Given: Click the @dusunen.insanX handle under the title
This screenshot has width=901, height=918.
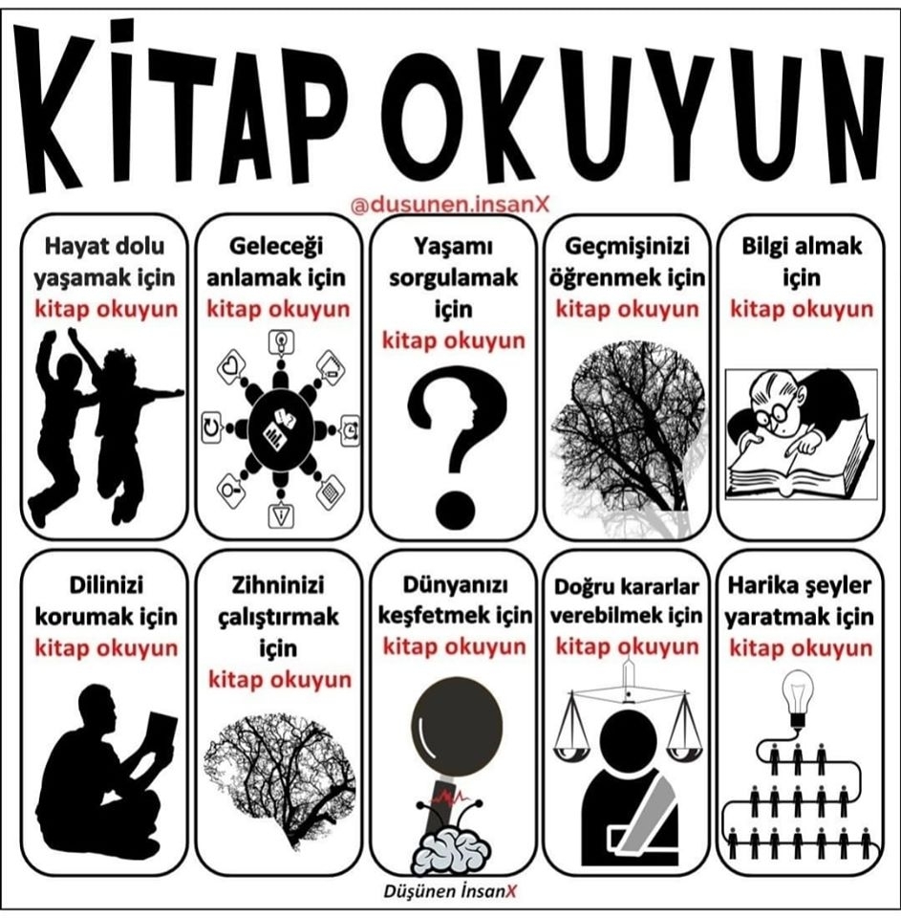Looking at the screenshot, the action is [450, 205].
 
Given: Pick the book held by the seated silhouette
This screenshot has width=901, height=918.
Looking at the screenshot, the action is [160, 735].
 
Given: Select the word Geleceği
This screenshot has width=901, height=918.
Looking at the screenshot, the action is [276, 247].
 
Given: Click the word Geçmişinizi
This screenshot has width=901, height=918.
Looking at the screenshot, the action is [627, 247].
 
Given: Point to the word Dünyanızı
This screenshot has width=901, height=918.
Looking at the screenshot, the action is [455, 585].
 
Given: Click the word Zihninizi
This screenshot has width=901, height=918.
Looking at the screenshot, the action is [278, 585].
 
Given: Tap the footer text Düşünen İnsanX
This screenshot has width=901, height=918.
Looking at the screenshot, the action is [450, 891].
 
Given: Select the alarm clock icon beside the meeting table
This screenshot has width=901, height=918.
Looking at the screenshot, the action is [350, 429].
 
